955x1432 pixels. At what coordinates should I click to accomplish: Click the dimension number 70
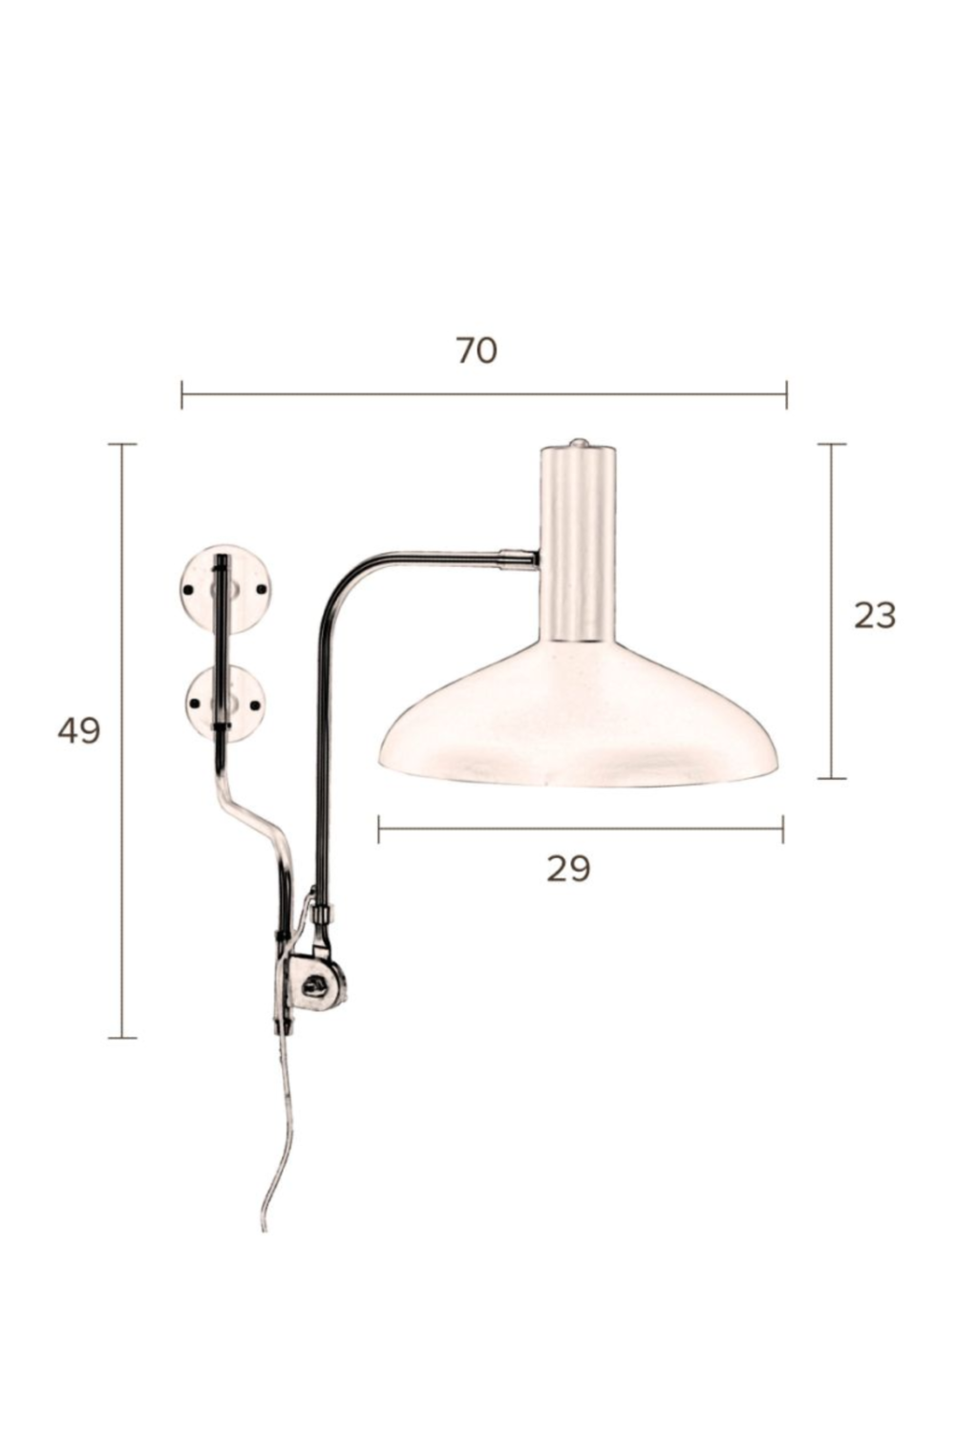point(476,351)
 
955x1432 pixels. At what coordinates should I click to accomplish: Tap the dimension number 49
point(78,731)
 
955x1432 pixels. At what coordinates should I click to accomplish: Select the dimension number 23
point(874,616)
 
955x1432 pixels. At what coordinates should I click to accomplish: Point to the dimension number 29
point(568,869)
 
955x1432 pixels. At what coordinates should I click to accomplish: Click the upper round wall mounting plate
point(226,589)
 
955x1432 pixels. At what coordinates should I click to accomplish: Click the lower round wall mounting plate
point(225,704)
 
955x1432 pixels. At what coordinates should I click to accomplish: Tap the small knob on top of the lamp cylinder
point(577,443)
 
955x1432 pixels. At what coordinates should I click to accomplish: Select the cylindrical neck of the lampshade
point(577,544)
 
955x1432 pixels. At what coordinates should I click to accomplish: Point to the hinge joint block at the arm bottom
point(313,983)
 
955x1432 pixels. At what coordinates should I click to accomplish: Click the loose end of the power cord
point(265,1227)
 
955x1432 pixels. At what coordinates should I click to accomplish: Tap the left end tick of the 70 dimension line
point(181,393)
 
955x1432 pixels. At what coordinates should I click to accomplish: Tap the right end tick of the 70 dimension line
point(787,393)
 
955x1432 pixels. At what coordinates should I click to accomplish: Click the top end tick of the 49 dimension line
point(122,444)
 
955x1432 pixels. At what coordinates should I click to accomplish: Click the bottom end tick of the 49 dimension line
point(122,1037)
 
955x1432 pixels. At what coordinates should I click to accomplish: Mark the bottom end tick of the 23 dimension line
point(832,778)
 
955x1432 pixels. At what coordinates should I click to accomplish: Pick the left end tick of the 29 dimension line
point(379,829)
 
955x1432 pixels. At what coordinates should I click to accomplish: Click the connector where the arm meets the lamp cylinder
point(519,558)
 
